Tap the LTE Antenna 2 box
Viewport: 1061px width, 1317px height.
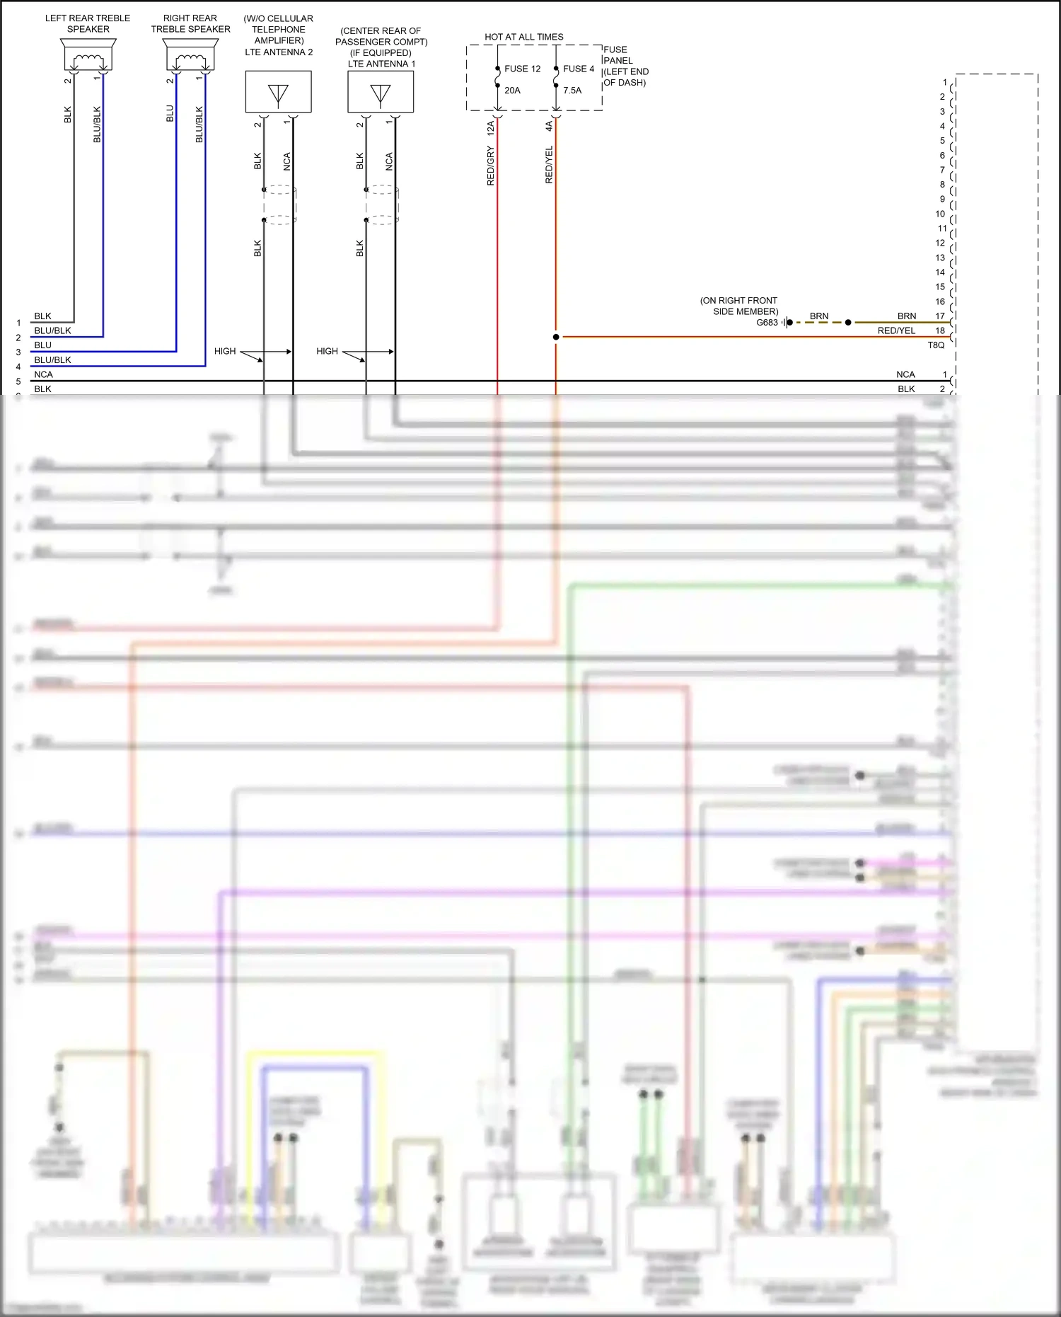pyautogui.click(x=278, y=92)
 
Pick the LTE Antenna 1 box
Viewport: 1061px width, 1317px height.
pyautogui.click(x=381, y=92)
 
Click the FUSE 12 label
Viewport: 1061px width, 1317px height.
pyautogui.click(x=522, y=69)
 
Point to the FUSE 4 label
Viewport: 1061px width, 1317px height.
pyautogui.click(x=579, y=69)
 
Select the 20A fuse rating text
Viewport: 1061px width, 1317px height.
pyautogui.click(x=512, y=91)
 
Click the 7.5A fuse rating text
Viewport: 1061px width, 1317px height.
pyautogui.click(x=572, y=91)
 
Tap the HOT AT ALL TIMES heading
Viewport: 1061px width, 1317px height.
pyautogui.click(x=524, y=37)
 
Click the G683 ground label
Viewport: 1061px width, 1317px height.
pyautogui.click(x=767, y=323)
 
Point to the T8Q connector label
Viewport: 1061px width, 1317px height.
pyautogui.click(x=936, y=345)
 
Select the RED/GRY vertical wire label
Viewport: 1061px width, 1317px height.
pyautogui.click(x=490, y=166)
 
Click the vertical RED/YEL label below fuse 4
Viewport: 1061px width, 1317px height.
pyautogui.click(x=549, y=165)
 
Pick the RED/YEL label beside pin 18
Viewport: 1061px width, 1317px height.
pyautogui.click(x=896, y=330)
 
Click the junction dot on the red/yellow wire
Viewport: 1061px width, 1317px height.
pyautogui.click(x=556, y=337)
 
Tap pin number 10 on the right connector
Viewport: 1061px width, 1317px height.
pyautogui.click(x=940, y=214)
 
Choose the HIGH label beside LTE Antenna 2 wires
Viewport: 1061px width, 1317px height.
pyautogui.click(x=225, y=351)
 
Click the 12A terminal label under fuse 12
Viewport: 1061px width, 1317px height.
pyautogui.click(x=490, y=128)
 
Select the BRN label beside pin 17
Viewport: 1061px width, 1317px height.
pyautogui.click(x=907, y=316)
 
